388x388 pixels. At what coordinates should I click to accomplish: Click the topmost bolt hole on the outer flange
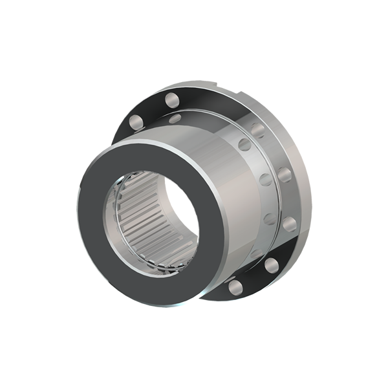(171, 100)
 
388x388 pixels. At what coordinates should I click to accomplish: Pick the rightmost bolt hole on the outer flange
(290, 224)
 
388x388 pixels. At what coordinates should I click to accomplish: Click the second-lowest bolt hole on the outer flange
(271, 264)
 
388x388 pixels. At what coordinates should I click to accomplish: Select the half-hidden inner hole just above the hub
(175, 118)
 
